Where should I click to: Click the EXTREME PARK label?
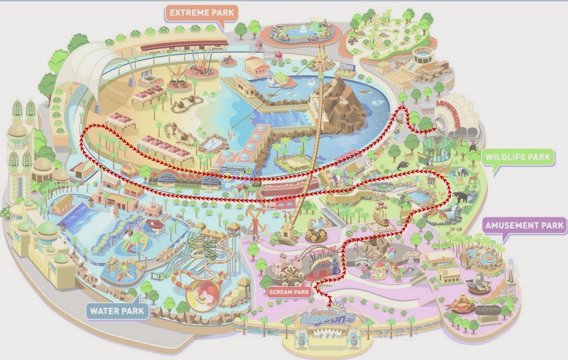point(195,12)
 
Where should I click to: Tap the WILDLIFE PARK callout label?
point(518,158)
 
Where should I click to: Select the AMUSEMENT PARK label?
point(524,226)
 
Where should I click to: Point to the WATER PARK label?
point(117,310)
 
